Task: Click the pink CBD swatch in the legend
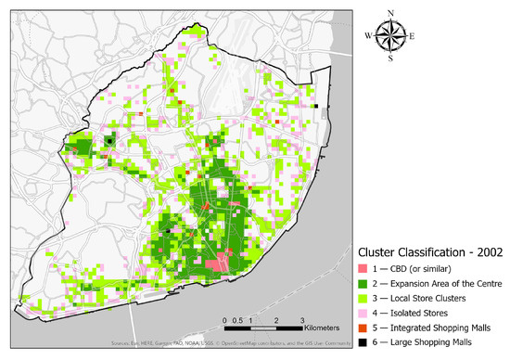(x=364, y=268)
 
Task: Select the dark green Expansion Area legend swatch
(x=364, y=283)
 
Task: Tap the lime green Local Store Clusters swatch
(x=364, y=298)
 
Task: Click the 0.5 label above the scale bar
(x=240, y=320)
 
